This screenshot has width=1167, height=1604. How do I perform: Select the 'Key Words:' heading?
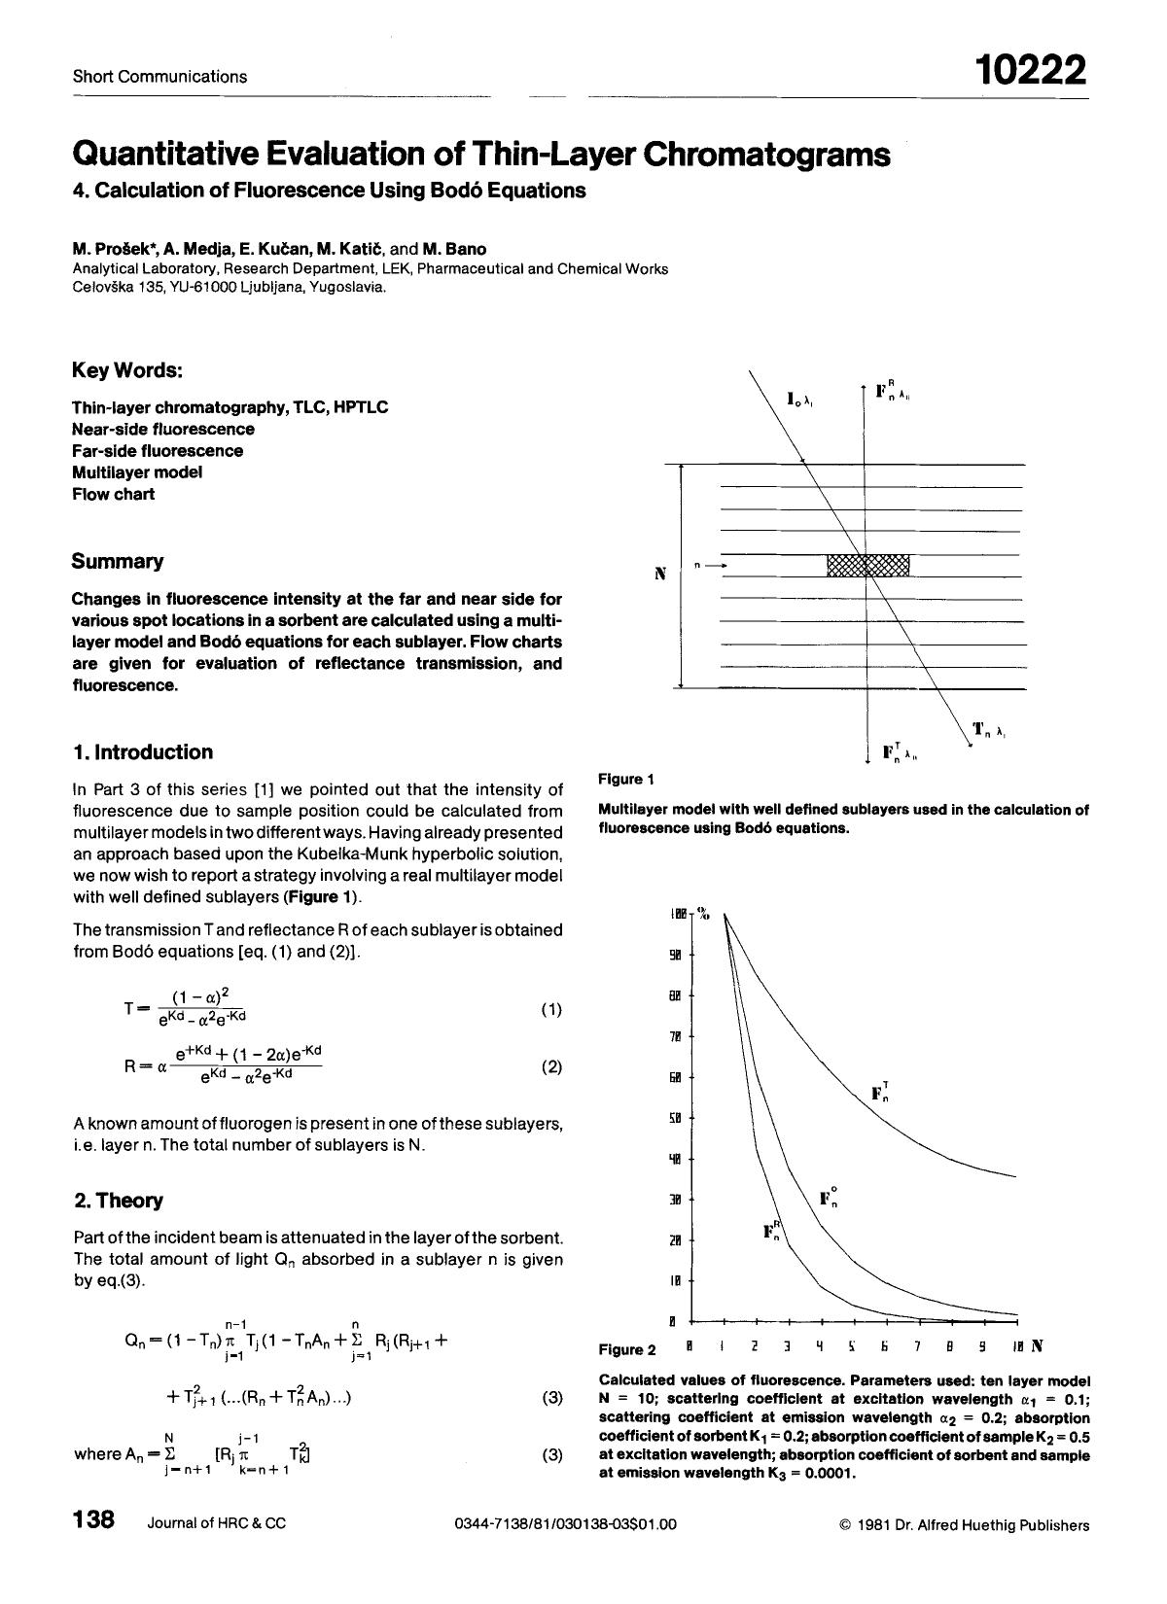point(127,370)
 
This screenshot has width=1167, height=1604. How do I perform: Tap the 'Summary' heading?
point(118,561)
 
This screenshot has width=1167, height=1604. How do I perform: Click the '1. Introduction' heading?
point(143,751)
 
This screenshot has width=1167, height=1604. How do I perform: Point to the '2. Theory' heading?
point(119,1200)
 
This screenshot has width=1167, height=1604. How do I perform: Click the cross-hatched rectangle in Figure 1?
point(867,565)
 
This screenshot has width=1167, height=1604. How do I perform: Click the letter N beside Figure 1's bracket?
point(660,575)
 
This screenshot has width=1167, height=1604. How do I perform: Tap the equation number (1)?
point(550,1010)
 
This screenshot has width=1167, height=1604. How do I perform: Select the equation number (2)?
point(550,1066)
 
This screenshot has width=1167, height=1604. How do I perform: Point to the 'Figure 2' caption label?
point(627,1349)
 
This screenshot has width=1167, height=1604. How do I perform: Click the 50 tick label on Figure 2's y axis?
point(676,1118)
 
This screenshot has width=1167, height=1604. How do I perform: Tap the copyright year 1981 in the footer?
point(875,1524)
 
